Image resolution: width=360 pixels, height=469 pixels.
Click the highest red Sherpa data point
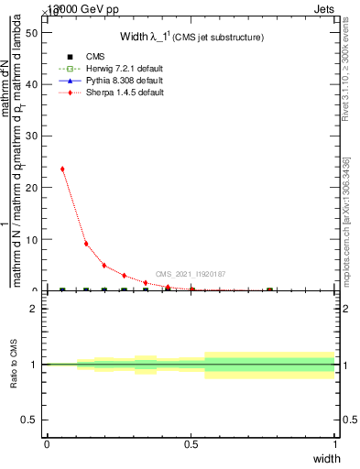[x=62, y=169]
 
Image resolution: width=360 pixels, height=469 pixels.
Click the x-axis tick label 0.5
[x=191, y=444]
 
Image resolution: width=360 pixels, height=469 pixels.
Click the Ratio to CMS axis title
[x=14, y=365]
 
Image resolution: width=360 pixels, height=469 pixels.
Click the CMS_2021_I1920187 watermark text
[x=191, y=274]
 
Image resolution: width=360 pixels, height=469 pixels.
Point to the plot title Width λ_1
[x=192, y=37]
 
